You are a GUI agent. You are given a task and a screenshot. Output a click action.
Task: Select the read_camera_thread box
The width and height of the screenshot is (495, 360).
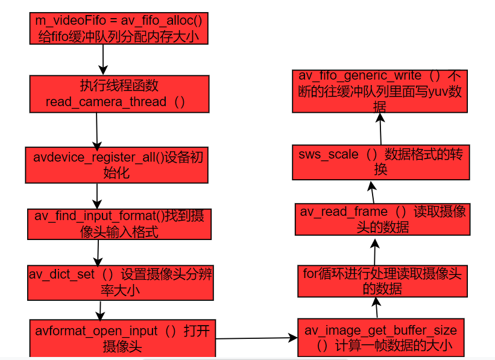pyautogui.click(x=119, y=93)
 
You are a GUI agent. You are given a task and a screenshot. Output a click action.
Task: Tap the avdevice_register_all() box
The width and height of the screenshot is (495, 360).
pyautogui.click(x=116, y=165)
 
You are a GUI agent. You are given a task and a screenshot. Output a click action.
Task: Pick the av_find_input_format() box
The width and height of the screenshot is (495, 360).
pyautogui.click(x=119, y=224)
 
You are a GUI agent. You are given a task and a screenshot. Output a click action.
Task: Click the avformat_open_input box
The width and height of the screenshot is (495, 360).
pyautogui.click(x=122, y=338)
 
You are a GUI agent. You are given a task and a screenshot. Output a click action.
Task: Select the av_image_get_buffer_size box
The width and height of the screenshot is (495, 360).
pyautogui.click(x=381, y=338)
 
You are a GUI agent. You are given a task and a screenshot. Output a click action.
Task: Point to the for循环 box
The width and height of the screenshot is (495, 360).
pyautogui.click(x=382, y=281)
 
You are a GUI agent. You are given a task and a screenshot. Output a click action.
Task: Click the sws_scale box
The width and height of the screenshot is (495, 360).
pyautogui.click(x=381, y=162)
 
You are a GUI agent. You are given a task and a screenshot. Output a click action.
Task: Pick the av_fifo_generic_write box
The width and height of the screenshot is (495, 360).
pyautogui.click(x=380, y=91)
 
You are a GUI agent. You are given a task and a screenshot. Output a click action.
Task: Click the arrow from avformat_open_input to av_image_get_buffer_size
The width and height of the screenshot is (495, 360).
pyautogui.click(x=257, y=338)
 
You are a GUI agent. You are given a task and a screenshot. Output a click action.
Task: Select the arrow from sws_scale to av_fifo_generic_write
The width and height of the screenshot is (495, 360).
pyautogui.click(x=380, y=128)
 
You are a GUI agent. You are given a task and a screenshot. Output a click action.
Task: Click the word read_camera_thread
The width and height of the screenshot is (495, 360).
pyautogui.click(x=106, y=102)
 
